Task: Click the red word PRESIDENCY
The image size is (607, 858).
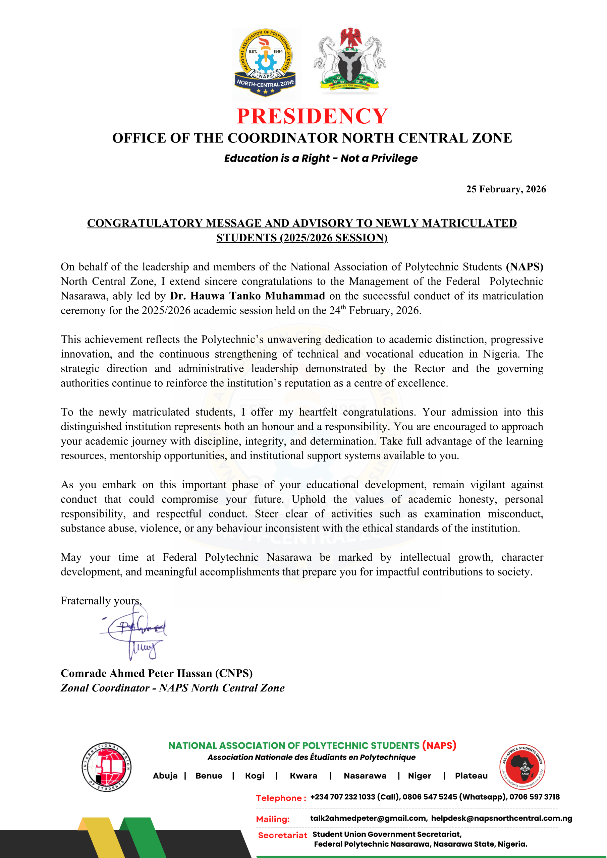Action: pos(312,116)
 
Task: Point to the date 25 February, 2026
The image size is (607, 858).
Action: pos(506,189)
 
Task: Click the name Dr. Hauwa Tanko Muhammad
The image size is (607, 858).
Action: pos(247,296)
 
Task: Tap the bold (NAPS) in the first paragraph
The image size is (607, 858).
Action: pos(525,267)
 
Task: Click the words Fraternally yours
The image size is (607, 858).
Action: pos(101,601)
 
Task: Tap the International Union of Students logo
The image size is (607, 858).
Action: pos(106,767)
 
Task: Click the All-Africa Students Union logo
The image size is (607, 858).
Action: pos(522,767)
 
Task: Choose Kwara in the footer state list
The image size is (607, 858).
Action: pos(303,776)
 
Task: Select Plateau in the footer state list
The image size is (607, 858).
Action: pos(471,776)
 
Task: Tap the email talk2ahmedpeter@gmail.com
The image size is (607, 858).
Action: pos(368,818)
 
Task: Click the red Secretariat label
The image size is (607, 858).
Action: pos(282,835)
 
